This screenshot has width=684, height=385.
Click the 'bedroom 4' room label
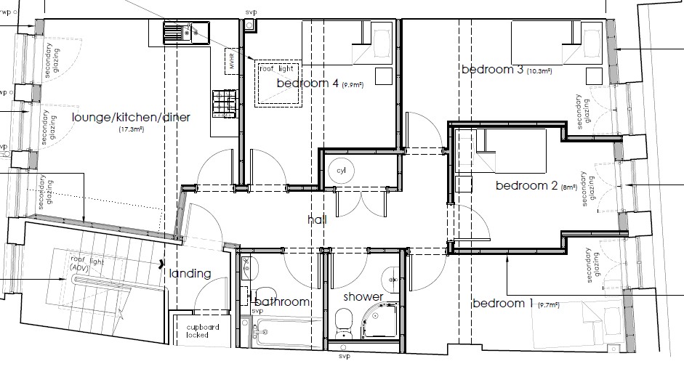(x=307, y=84)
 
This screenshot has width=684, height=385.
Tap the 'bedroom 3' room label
(x=492, y=70)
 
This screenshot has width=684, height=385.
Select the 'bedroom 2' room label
(x=526, y=186)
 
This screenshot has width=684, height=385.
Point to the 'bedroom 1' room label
(x=502, y=303)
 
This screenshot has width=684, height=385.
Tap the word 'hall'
(x=317, y=219)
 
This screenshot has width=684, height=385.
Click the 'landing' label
(x=190, y=274)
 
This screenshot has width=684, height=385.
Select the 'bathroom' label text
(x=282, y=301)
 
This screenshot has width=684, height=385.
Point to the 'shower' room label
(x=363, y=296)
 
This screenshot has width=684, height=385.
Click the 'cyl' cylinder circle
(x=342, y=171)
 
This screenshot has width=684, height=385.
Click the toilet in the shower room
(x=344, y=320)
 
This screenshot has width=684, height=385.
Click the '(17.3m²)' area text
(x=132, y=130)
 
